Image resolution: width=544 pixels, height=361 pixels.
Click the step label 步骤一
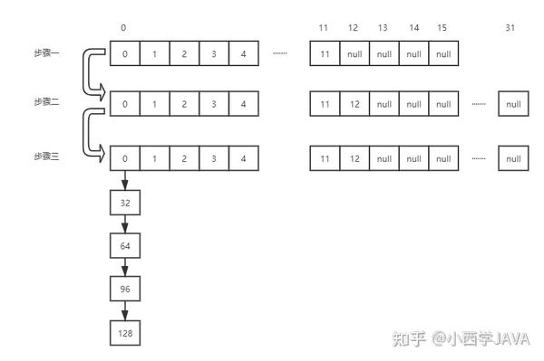pos(46,53)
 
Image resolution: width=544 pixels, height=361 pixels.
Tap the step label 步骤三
pos(46,157)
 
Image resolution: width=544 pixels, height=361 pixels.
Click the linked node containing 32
pos(125,204)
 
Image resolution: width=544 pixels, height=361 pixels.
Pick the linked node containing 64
pos(125,246)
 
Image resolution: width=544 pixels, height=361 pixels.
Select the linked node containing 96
pos(125,290)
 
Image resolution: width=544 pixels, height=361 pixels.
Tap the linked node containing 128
pos(125,333)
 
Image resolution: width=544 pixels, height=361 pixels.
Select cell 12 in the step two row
pos(354,104)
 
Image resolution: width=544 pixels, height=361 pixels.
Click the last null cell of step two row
pos(513,104)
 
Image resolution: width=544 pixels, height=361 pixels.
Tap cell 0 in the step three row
pos(125,158)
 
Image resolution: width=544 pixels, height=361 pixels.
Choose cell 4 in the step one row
pos(244,53)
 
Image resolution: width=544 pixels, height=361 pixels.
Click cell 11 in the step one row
pos(325,53)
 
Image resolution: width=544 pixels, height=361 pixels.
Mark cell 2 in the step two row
pos(184,104)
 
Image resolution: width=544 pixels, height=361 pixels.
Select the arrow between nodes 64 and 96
pos(125,268)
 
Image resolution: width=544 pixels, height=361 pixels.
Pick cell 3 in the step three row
pos(214,158)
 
